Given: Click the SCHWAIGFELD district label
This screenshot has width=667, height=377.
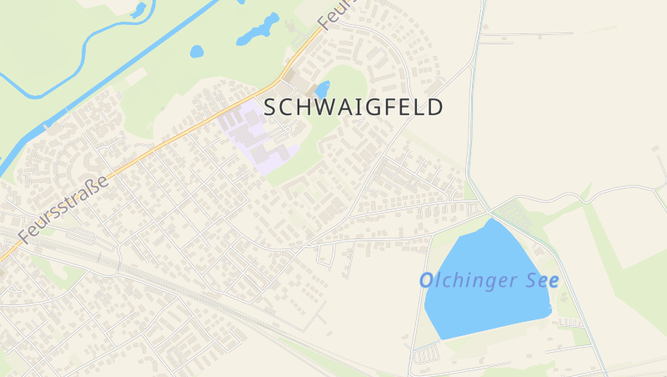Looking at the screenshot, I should point(353,108).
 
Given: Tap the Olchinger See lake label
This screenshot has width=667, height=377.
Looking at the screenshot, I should point(489,280).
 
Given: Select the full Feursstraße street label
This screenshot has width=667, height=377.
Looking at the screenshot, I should point(63,209).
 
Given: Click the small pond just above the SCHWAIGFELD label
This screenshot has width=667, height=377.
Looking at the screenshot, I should point(323,88).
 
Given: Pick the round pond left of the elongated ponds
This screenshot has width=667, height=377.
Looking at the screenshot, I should point(197,51).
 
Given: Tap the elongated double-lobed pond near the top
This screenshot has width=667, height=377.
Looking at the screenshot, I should point(258,30).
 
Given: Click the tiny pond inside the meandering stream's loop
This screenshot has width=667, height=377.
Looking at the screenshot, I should point(138,11).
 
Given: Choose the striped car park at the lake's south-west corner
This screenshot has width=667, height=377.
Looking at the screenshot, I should point(425,354).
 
